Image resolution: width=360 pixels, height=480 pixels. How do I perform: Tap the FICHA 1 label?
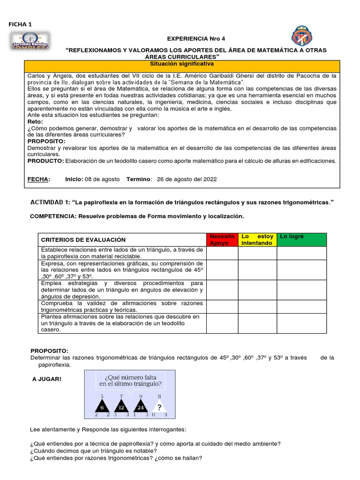click(20, 24)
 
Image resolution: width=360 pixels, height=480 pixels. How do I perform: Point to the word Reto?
click(35, 121)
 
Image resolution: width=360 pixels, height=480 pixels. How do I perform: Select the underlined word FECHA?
click(38, 179)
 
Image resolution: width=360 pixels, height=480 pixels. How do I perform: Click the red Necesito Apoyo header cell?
click(222, 240)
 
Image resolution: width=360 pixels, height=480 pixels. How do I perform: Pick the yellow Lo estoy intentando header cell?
click(257, 240)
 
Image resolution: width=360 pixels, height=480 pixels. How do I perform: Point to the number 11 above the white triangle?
click(159, 396)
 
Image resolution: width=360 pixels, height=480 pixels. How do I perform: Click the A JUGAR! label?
click(46, 378)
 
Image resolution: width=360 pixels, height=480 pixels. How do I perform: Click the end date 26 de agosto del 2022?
click(187, 179)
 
